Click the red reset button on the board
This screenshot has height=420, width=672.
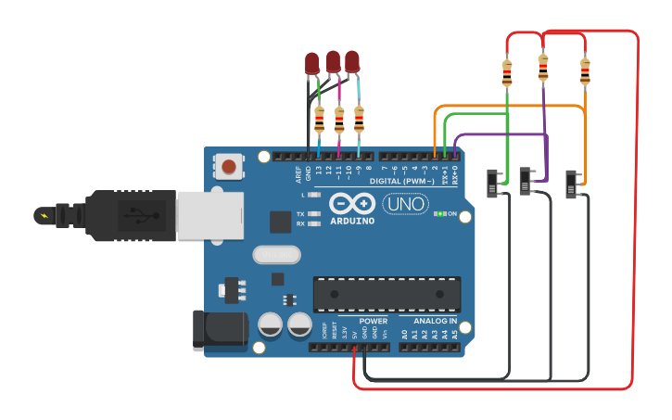tap(229, 167)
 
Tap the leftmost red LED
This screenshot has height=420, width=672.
tap(312, 64)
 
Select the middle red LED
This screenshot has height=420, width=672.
tap(333, 62)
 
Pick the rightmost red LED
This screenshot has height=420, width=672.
tap(352, 62)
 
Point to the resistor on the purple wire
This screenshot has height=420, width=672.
tap(543, 67)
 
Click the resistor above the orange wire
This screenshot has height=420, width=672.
tap(585, 71)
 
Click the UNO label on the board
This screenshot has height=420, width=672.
tap(405, 204)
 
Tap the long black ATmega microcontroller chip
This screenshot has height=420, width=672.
tap(387, 294)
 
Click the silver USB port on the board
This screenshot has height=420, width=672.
tap(209, 215)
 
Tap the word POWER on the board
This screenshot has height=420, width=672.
tap(374, 322)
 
